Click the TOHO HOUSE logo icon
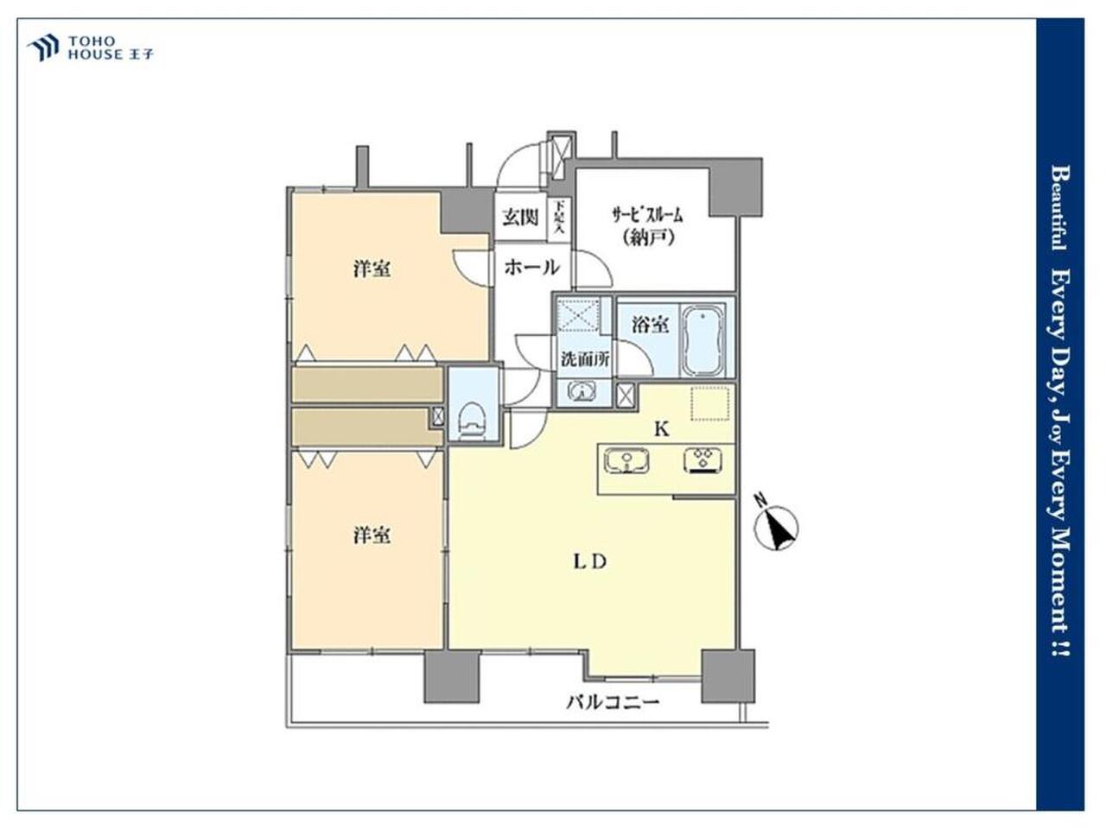click(x=43, y=47)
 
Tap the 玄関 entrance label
click(x=520, y=217)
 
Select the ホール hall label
click(x=531, y=267)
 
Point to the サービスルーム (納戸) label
click(x=647, y=226)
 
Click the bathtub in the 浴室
click(x=702, y=339)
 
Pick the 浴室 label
click(x=650, y=325)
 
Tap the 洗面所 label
click(x=586, y=359)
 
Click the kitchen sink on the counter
click(x=626, y=460)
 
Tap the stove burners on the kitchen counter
click(x=702, y=460)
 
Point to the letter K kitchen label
click(x=662, y=429)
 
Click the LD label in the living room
click(x=589, y=561)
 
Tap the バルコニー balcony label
click(x=613, y=702)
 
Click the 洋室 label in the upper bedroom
click(x=372, y=269)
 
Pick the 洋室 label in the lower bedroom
click(x=372, y=535)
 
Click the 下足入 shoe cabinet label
click(x=558, y=217)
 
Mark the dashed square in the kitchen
click(x=710, y=403)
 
